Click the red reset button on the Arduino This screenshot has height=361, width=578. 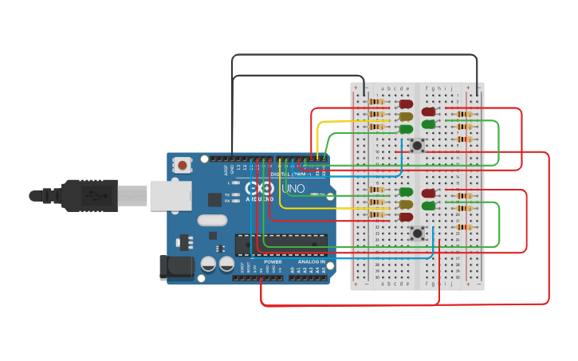[183, 166]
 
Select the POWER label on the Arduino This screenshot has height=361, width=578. [273, 261]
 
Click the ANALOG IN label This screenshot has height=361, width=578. [312, 261]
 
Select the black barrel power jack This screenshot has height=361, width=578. [176, 267]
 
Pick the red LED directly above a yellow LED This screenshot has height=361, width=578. [406, 104]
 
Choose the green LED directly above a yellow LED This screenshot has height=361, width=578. [406, 192]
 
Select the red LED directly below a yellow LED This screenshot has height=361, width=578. [406, 217]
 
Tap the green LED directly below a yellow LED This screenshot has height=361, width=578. [406, 129]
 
